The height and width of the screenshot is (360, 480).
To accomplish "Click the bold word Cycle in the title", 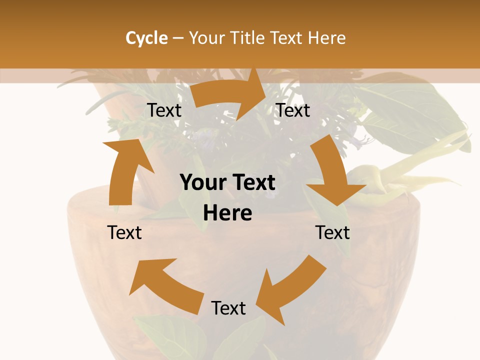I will (146, 38).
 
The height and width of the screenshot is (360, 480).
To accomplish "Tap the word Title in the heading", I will (249, 38).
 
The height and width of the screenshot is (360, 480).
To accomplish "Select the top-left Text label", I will (164, 110).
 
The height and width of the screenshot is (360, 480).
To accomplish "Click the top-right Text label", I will (293, 110).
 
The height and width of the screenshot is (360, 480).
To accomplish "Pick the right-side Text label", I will (332, 232).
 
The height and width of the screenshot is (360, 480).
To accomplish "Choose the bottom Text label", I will (228, 308).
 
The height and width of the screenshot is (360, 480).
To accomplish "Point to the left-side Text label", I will (124, 232).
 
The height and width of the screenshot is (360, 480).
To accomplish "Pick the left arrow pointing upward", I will (125, 170).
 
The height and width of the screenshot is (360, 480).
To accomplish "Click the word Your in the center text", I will (202, 183).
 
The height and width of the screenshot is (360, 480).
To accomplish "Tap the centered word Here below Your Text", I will (227, 213).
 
